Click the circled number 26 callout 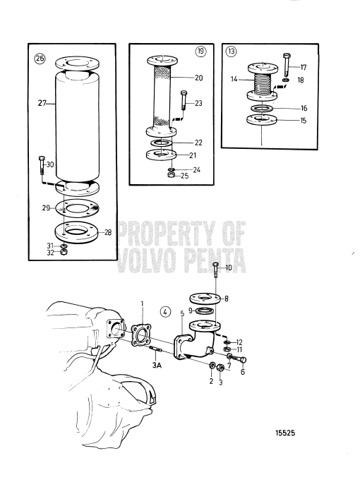[39, 59]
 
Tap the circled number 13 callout [232, 51]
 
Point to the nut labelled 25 [172, 175]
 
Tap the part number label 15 [304, 120]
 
